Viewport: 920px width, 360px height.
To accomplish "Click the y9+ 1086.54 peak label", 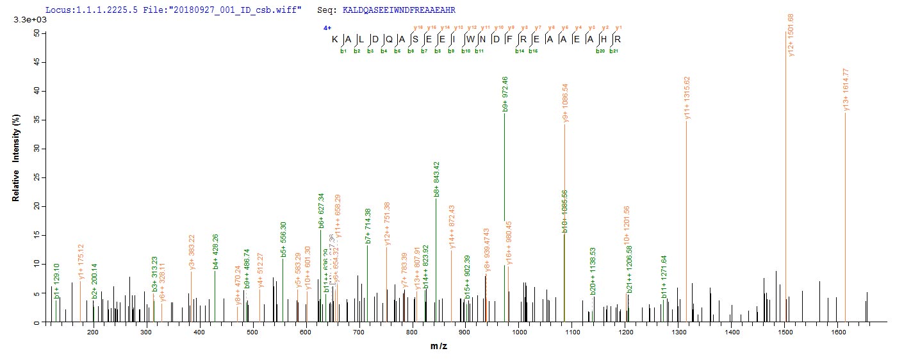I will coord(566,102).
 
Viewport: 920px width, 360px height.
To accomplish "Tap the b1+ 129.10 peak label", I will coord(57,282).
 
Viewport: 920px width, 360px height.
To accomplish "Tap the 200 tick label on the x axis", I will coord(93,333).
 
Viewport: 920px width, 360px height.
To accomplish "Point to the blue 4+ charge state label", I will coord(327,28).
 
